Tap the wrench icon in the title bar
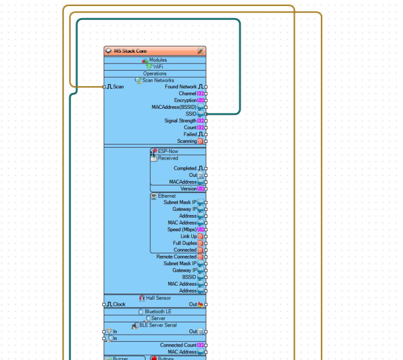pyautogui.click(x=200, y=51)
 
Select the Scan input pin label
pyautogui.click(x=118, y=87)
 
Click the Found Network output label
pyautogui.click(x=180, y=87)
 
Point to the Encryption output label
pyautogui.click(x=185, y=100)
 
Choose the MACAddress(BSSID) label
pyautogui.click(x=174, y=107)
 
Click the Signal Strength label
pyautogui.click(x=180, y=121)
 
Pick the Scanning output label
pyautogui.click(x=186, y=141)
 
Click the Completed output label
pyautogui.click(x=185, y=168)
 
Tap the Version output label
pyautogui.click(x=188, y=189)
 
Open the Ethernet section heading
pyautogui.click(x=166, y=196)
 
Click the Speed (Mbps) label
pyautogui.click(x=182, y=230)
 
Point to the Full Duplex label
pyautogui.click(x=184, y=243)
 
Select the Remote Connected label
pyautogui.click(x=176, y=257)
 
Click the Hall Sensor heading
pyautogui.click(x=158, y=297)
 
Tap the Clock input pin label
pyautogui.click(x=119, y=304)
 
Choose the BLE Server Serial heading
pyautogui.click(x=158, y=325)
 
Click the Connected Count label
pyautogui.click(x=178, y=345)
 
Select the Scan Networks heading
pyautogui.click(x=158, y=80)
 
